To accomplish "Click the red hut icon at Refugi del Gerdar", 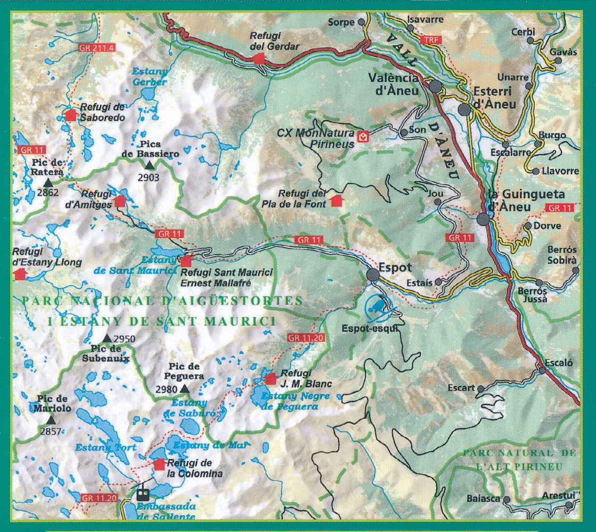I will click(x=259, y=59).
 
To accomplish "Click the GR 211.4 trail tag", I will click(x=96, y=48).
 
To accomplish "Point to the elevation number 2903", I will click(x=148, y=178).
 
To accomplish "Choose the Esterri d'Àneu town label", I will click(x=494, y=98).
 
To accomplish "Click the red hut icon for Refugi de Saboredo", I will click(x=70, y=115).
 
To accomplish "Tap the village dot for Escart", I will click(x=481, y=389).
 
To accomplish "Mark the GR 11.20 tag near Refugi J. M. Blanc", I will click(x=304, y=337).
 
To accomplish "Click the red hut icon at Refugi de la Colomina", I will click(x=159, y=464).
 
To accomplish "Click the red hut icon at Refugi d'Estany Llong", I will click(x=20, y=274).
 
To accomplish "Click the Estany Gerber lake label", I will click(x=149, y=77).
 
